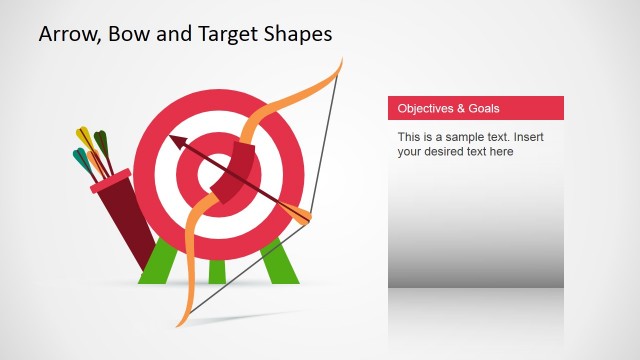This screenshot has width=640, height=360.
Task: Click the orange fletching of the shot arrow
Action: click(296, 211)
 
